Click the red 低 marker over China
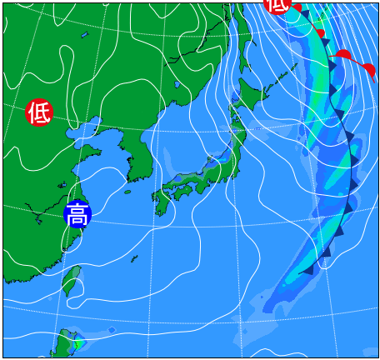38,112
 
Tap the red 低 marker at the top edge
277,5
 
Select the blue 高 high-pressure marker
77,214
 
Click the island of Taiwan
72,280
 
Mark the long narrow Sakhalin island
242,33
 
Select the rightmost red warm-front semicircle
367,68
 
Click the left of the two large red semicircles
342,55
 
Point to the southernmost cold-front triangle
307,268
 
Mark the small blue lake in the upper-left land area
84,35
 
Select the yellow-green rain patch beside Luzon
77,343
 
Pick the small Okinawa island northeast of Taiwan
133,259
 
